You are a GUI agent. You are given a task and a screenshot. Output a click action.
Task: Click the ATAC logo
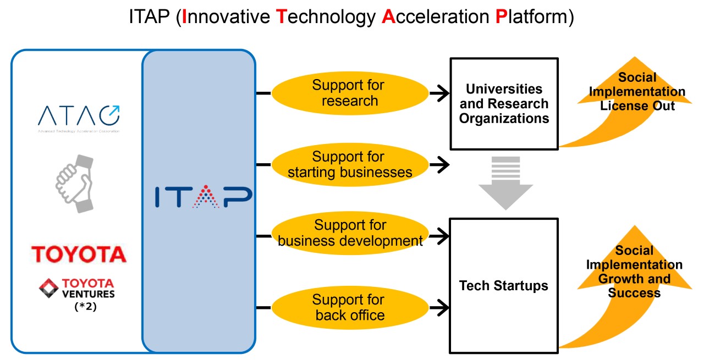point(79,117)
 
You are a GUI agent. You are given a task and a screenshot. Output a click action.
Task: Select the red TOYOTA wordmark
point(79,254)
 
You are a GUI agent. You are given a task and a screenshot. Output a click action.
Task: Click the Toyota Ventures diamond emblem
point(49,289)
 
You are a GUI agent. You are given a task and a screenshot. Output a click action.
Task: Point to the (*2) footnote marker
point(85,307)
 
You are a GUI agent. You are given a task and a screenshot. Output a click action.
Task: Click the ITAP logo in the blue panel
point(203,196)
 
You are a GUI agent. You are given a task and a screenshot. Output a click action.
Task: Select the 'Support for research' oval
point(348,93)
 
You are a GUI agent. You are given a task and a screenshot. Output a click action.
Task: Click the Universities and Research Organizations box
point(504,103)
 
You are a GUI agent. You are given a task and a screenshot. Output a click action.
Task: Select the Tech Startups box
point(504,285)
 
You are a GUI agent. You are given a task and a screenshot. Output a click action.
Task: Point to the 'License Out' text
point(637,105)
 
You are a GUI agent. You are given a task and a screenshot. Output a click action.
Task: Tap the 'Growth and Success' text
point(634,285)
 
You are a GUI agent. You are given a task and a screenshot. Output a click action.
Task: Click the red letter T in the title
point(280,17)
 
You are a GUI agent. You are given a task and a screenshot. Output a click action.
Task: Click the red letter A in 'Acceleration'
point(388,17)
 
